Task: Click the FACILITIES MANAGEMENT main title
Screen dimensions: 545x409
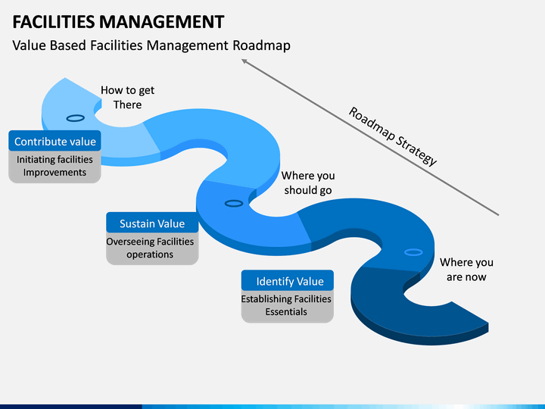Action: click(118, 21)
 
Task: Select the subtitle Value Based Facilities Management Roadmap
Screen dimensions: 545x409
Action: click(151, 45)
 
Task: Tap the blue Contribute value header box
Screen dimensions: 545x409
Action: click(55, 141)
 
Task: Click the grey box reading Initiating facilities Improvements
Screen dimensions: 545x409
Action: click(55, 167)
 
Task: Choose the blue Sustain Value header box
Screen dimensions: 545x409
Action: click(152, 223)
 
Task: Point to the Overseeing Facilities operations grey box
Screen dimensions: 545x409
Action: click(152, 248)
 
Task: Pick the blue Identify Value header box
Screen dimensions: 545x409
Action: click(288, 280)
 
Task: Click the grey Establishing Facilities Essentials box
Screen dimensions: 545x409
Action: click(288, 306)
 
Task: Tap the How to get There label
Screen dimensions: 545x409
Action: click(128, 98)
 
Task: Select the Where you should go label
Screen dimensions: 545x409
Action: click(308, 183)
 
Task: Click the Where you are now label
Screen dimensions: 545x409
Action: click(466, 270)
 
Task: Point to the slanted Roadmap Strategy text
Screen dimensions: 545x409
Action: click(392, 136)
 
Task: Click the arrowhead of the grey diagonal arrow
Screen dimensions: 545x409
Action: click(242, 60)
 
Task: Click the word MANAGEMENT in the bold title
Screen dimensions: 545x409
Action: click(162, 21)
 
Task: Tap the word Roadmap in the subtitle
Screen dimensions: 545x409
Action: click(261, 45)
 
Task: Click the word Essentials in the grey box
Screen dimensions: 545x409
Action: click(286, 311)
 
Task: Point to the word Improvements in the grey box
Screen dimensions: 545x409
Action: click(54, 173)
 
